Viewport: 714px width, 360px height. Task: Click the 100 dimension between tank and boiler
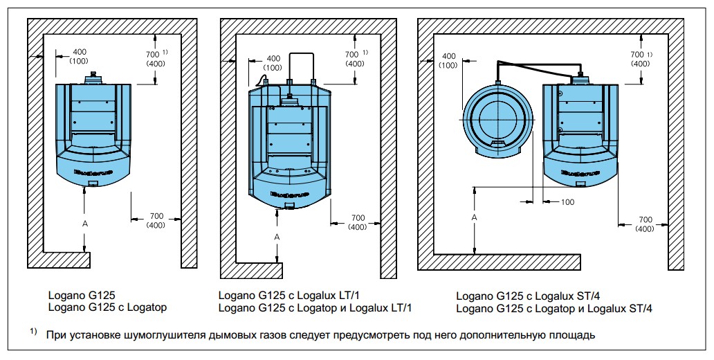click(x=567, y=202)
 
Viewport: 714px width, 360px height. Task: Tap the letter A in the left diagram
click(x=84, y=224)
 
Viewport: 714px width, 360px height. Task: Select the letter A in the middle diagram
click(x=277, y=237)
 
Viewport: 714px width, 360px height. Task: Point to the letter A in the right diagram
click(x=474, y=218)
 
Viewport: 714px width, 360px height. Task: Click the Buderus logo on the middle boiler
click(x=290, y=194)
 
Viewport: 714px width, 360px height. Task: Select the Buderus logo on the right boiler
click(x=580, y=172)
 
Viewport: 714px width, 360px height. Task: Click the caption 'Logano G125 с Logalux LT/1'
click(x=292, y=296)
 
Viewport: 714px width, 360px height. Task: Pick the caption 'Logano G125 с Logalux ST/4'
click(x=531, y=296)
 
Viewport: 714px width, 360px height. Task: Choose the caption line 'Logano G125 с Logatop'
click(x=107, y=307)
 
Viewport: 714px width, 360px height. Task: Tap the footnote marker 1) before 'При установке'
click(x=34, y=332)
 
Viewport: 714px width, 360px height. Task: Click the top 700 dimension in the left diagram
click(x=152, y=54)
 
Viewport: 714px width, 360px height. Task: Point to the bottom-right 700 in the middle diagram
click(x=358, y=218)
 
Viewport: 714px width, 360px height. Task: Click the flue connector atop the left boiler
click(x=93, y=77)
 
